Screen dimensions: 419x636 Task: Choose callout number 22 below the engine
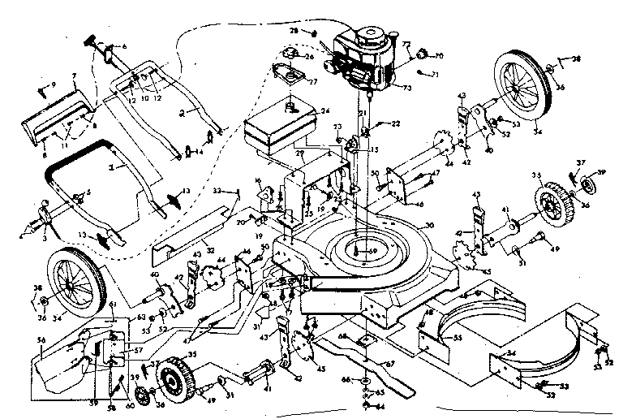[396, 123]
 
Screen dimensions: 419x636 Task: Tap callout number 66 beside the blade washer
[346, 379]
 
